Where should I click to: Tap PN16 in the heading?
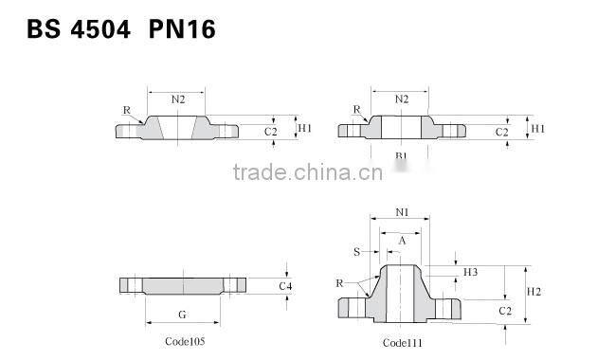182,29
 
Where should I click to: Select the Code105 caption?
178,340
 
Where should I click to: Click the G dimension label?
180,313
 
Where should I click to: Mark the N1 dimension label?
402,212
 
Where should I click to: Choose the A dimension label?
402,241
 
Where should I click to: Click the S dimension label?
356,252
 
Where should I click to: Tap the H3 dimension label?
470,272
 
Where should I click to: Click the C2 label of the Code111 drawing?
504,310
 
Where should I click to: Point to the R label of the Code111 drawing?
338,283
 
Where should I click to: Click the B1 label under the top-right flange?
401,155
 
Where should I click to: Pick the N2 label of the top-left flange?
178,99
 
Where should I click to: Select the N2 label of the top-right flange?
401,99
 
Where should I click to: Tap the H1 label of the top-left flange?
303,128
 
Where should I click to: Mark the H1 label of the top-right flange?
537,128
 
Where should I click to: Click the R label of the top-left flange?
126,110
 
